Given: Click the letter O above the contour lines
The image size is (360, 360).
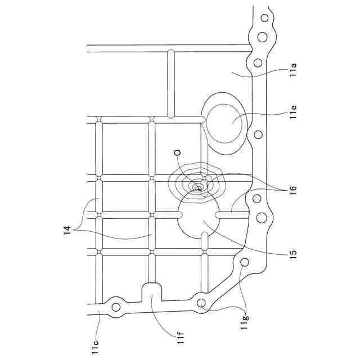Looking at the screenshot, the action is (x=177, y=152).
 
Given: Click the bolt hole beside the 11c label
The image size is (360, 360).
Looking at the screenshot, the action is (x=116, y=307).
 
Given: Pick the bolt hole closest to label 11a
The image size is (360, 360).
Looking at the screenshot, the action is (x=258, y=62).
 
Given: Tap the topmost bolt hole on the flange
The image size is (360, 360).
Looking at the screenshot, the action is (x=263, y=18).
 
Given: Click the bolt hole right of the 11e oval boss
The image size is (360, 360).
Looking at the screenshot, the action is (x=258, y=134).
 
